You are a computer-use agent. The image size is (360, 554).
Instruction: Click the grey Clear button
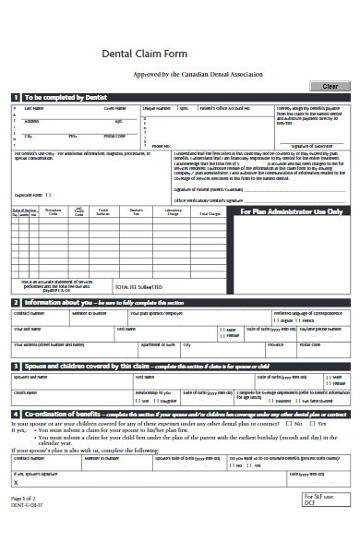pyautogui.click(x=328, y=86)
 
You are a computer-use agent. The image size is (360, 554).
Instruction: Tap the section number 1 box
pyautogui.click(x=15, y=97)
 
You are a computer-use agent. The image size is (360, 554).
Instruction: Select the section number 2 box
pyautogui.click(x=15, y=302)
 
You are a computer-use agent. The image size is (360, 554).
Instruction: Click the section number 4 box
pyautogui.click(x=15, y=415)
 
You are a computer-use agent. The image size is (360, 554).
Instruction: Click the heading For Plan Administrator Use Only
pyautogui.click(x=291, y=211)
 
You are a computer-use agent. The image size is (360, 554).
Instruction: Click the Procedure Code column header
pyautogui.click(x=54, y=212)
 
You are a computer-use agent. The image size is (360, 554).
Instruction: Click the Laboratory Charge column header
pyautogui.click(x=172, y=212)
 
